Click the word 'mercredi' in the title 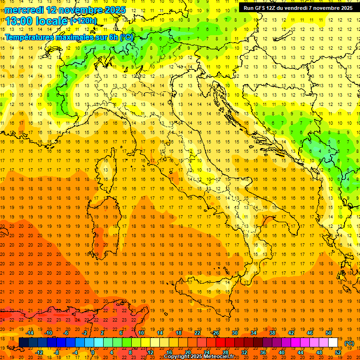[x=24, y=10]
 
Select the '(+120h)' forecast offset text [x=84, y=21]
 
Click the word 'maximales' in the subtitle [x=70, y=37]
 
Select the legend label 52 [x=338, y=352]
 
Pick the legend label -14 [x=30, y=332]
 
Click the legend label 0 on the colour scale [x=92, y=352]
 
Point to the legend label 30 [x=235, y=332]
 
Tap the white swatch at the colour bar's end [x=333, y=342]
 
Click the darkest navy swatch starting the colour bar [x=23, y=342]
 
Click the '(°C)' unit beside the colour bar [x=349, y=343]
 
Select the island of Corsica [x=106, y=171]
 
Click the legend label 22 [x=197, y=332]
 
